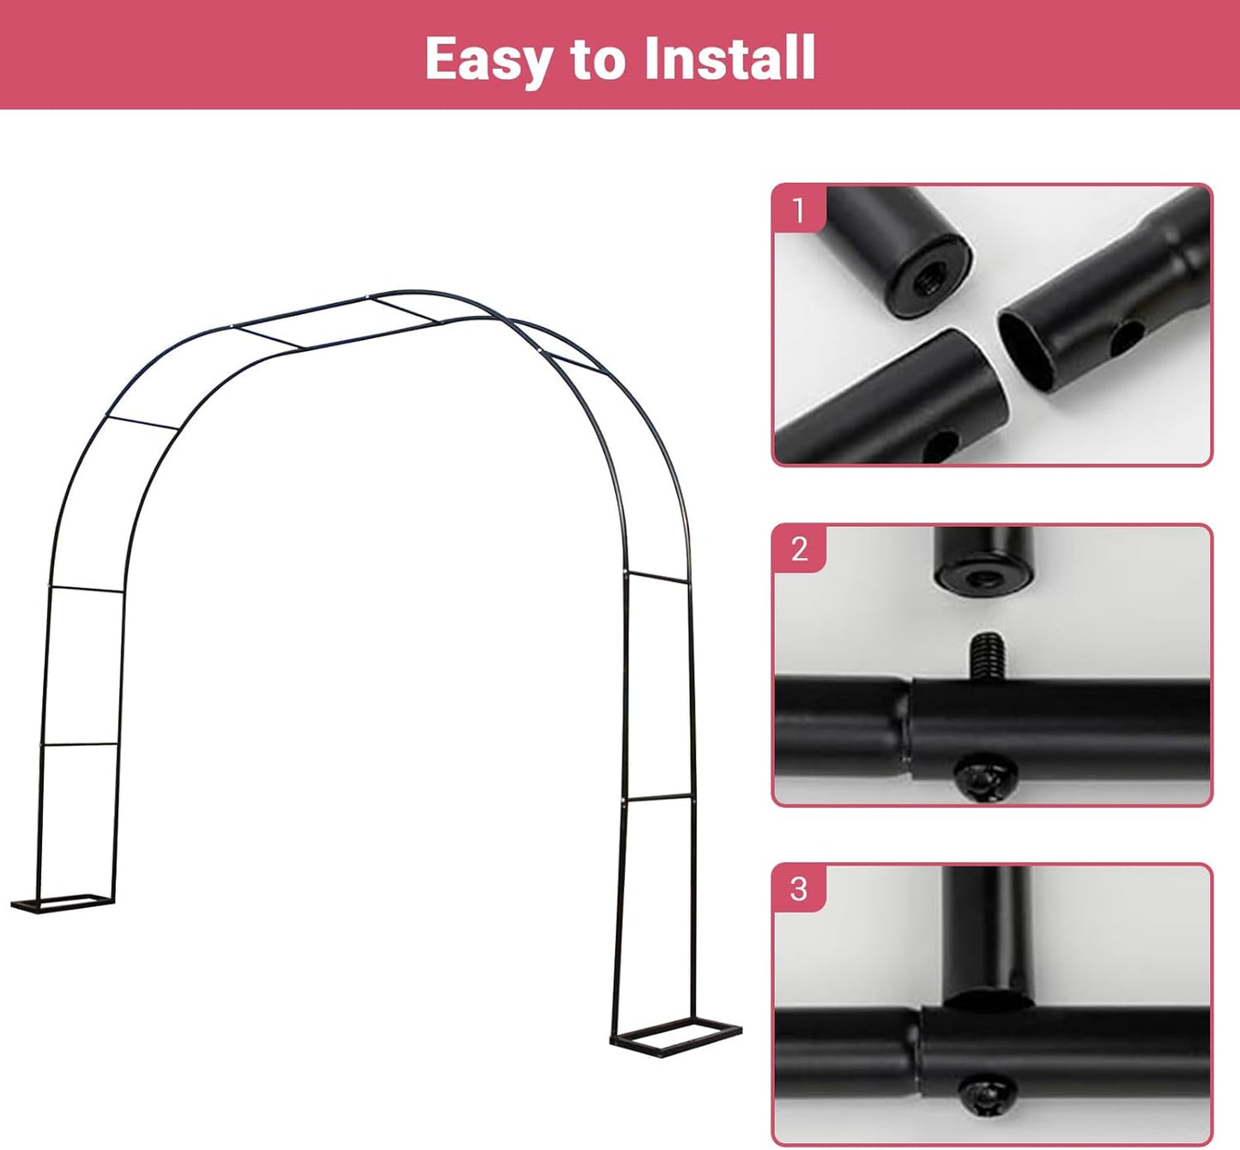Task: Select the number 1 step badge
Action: click(799, 209)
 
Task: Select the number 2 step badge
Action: click(799, 548)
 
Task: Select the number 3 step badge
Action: click(799, 888)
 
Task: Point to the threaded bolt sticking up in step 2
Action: click(988, 656)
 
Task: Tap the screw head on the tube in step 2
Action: click(984, 778)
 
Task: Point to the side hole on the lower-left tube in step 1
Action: click(942, 444)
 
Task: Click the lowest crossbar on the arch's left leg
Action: click(80, 745)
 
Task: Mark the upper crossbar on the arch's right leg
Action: click(657, 577)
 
